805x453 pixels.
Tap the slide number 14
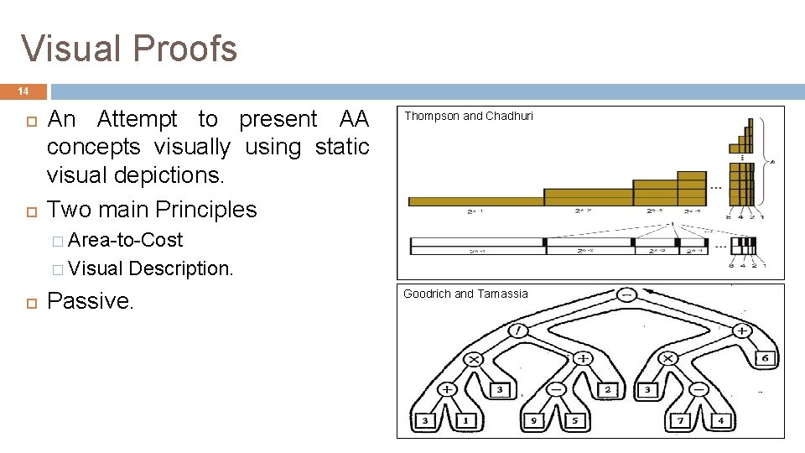pos(23,91)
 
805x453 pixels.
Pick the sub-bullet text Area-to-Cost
pos(125,240)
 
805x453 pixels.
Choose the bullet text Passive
pos(91,301)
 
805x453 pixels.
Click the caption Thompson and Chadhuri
pos(469,117)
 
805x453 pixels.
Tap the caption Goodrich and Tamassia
pos(465,294)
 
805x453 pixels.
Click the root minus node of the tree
pos(626,294)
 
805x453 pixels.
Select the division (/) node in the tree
pos(519,331)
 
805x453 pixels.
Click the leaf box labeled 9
pos(532,419)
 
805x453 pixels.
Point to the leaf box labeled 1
pos(465,419)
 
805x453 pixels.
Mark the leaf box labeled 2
pos(608,389)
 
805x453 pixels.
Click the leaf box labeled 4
pos(720,419)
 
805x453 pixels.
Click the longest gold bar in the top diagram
pos(475,200)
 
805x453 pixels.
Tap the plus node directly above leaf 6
pos(743,331)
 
